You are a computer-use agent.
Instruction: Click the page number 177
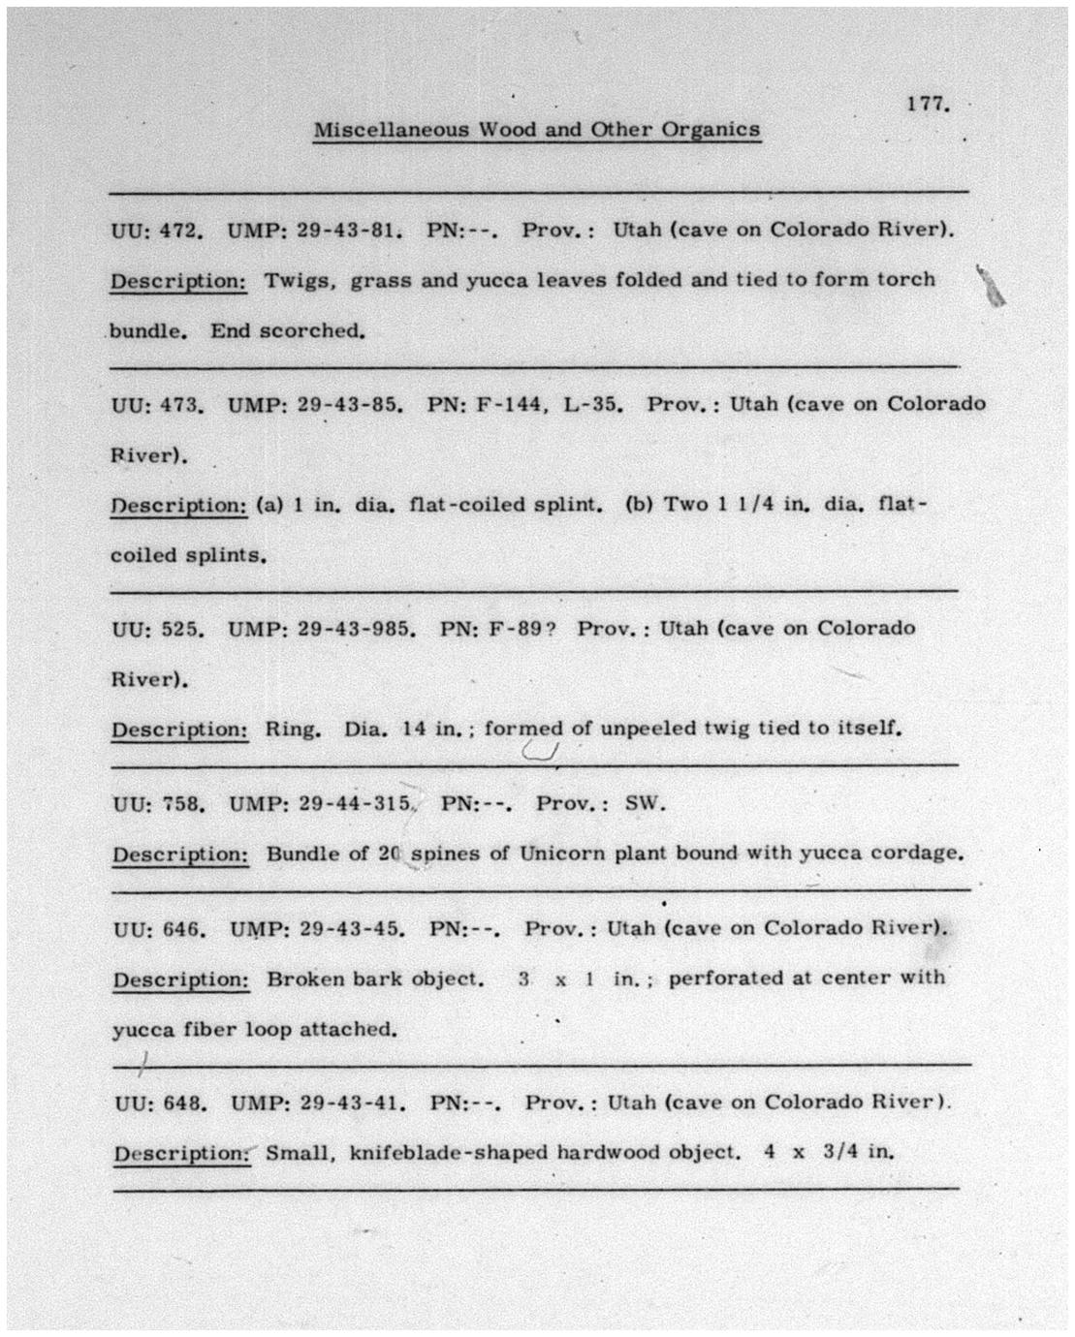[927, 104]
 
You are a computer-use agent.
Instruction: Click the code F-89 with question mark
[522, 629]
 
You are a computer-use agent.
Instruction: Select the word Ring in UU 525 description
[293, 730]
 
